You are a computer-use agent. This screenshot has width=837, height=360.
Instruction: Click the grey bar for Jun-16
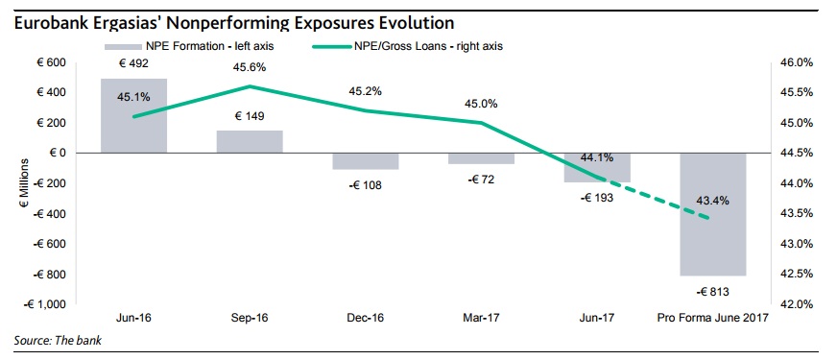pyautogui.click(x=134, y=116)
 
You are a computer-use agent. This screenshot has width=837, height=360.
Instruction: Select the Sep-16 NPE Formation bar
pyautogui.click(x=250, y=141)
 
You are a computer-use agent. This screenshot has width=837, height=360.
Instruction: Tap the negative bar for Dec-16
pyautogui.click(x=366, y=161)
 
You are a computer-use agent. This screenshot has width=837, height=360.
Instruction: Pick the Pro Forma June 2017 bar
pyautogui.click(x=713, y=214)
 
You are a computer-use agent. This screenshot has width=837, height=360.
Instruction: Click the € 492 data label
pyautogui.click(x=134, y=63)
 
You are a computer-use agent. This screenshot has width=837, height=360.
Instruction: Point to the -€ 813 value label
pyautogui.click(x=712, y=292)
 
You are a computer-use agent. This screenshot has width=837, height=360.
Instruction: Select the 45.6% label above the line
pyautogui.click(x=250, y=68)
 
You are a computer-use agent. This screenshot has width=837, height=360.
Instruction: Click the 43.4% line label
pyautogui.click(x=712, y=201)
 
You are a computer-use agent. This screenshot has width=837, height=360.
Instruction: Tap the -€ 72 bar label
pyautogui.click(x=481, y=180)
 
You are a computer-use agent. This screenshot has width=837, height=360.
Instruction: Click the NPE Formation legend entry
pyautogui.click(x=189, y=46)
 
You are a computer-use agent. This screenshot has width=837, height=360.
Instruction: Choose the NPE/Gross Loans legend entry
pyautogui.click(x=406, y=46)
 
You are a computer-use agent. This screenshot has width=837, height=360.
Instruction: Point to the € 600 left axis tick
pyautogui.click(x=50, y=63)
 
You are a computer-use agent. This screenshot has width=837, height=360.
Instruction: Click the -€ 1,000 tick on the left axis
pyautogui.click(x=44, y=304)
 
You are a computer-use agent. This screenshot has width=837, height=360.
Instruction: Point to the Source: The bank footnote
pyautogui.click(x=58, y=340)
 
